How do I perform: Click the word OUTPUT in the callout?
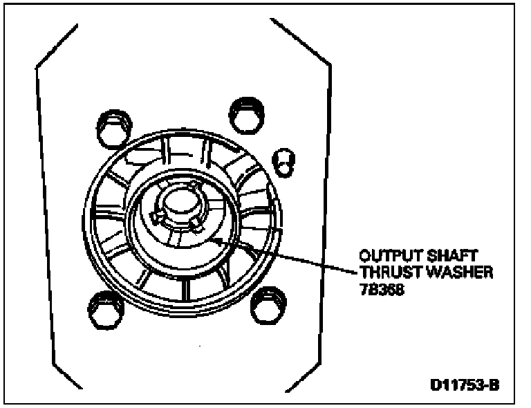point(382,256)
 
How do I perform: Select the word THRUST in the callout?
point(382,272)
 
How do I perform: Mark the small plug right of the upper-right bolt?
point(283,160)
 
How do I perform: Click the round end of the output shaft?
point(178,201)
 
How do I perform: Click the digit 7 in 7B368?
point(357,290)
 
